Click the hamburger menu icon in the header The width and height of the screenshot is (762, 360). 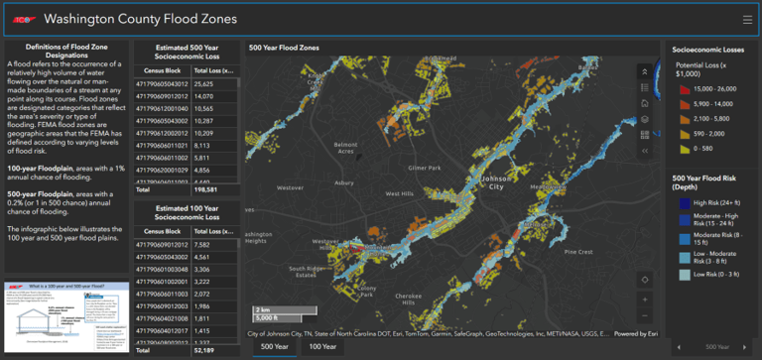pyautogui.click(x=746, y=19)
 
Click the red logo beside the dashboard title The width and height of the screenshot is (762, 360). pyautogui.click(x=23, y=19)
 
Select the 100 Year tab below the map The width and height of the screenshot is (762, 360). pyautogui.click(x=321, y=347)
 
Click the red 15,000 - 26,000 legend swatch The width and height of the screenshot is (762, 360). pyautogui.click(x=681, y=88)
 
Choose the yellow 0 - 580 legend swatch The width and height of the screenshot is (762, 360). pyautogui.click(x=681, y=148)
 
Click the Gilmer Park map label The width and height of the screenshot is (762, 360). pyautogui.click(x=424, y=168)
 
